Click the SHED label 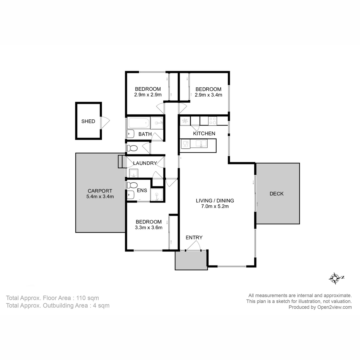pos(88,121)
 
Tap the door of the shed pos(105,121)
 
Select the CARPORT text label pos(100,191)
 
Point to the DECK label pos(276,194)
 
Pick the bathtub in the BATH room pos(139,123)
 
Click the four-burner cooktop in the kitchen pos(213,121)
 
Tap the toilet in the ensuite pos(132,185)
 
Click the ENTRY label pos(194,238)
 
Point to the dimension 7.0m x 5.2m pos(215,206)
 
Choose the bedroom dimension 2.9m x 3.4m pos(208,95)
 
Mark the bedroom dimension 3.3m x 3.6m pos(148,227)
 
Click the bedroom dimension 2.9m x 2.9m pos(148,95)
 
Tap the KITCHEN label pos(204,133)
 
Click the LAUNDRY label pos(145,163)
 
